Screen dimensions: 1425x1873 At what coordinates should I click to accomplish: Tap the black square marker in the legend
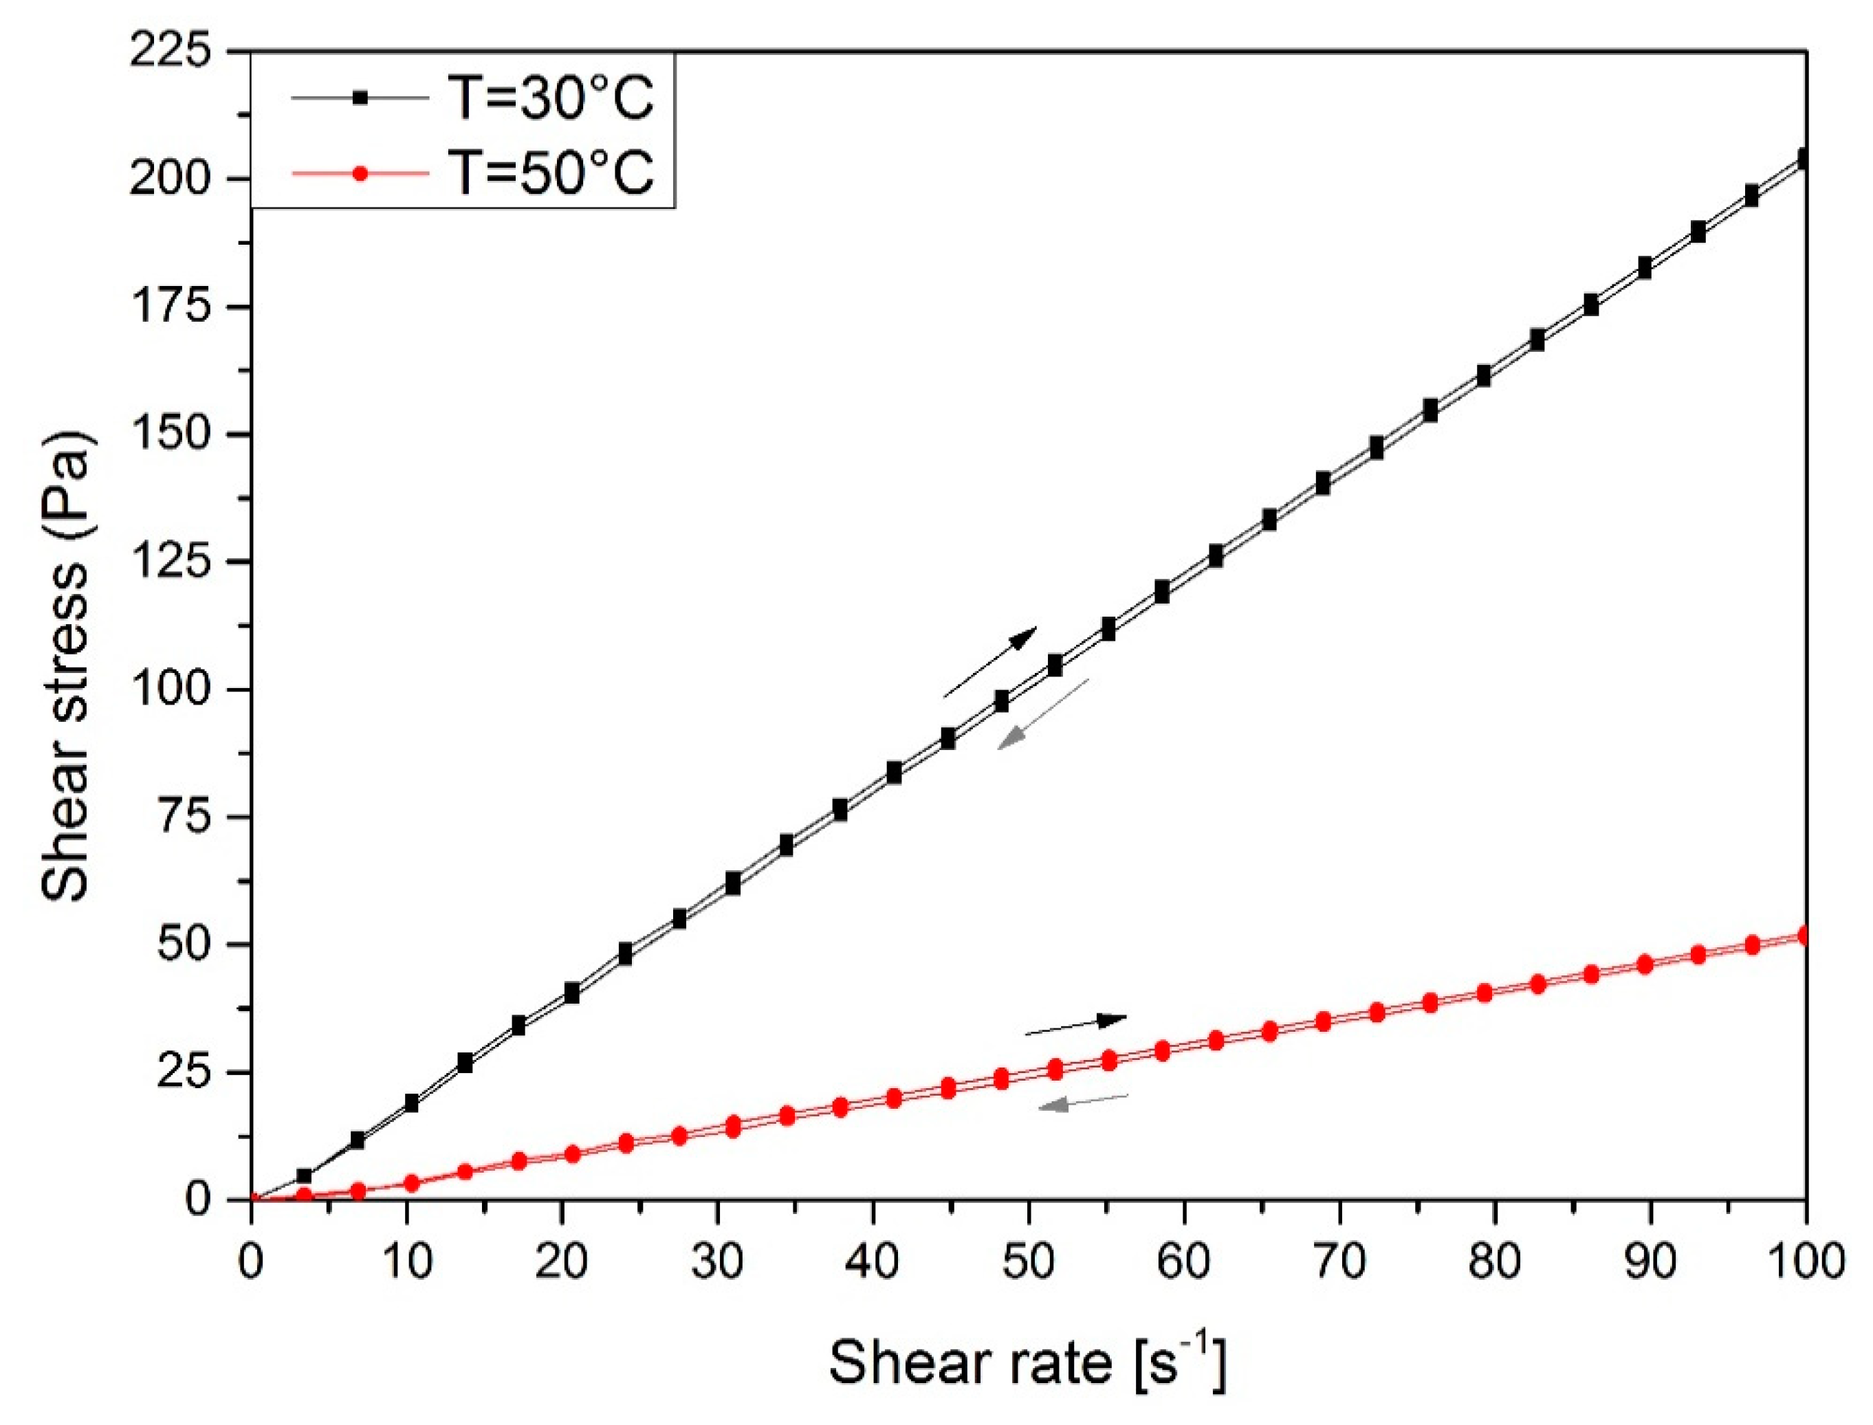360,98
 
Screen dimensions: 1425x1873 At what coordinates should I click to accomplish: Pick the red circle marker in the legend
360,173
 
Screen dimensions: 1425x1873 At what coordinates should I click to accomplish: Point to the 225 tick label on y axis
169,53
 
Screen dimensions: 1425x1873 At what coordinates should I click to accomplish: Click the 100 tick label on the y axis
169,689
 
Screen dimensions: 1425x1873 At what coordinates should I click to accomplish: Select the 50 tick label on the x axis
1028,1261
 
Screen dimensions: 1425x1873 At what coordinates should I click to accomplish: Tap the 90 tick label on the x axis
1651,1261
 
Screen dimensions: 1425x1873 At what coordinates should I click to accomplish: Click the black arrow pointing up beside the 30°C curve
990,661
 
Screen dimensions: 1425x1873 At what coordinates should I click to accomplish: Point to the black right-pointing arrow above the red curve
1075,1026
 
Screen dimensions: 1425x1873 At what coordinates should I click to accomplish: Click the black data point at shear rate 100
1804,159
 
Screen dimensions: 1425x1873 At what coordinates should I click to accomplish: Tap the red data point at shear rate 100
1804,936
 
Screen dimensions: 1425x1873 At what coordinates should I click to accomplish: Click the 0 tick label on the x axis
251,1261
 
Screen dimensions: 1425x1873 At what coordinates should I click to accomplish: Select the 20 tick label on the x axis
562,1261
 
